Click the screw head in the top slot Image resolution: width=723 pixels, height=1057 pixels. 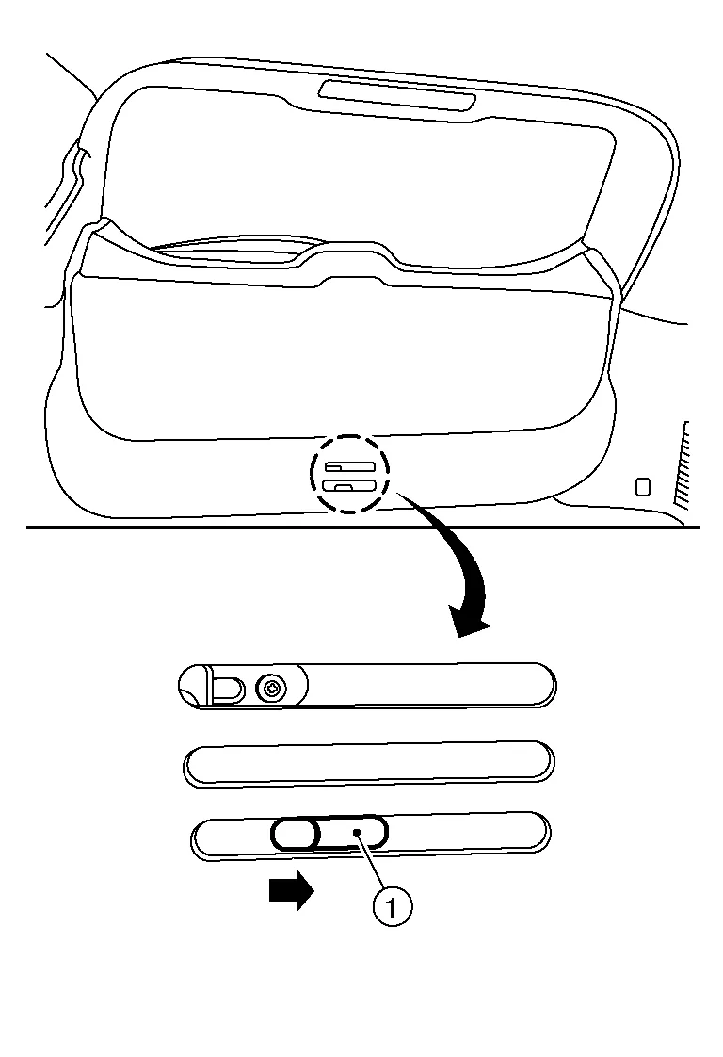(x=271, y=689)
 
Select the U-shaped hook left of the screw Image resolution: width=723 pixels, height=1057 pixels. (x=225, y=687)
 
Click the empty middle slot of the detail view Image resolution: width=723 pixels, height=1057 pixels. (x=369, y=764)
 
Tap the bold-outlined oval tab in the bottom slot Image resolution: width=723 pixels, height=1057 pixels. (x=294, y=834)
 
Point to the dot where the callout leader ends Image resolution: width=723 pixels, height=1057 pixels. (x=359, y=833)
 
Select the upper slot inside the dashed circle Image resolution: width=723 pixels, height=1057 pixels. (x=349, y=465)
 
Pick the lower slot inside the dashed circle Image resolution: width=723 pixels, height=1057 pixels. (x=349, y=485)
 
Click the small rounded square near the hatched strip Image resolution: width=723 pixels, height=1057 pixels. (x=644, y=487)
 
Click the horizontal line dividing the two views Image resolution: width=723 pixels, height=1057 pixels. (x=363, y=528)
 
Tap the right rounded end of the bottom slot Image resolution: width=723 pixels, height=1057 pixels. (x=539, y=833)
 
